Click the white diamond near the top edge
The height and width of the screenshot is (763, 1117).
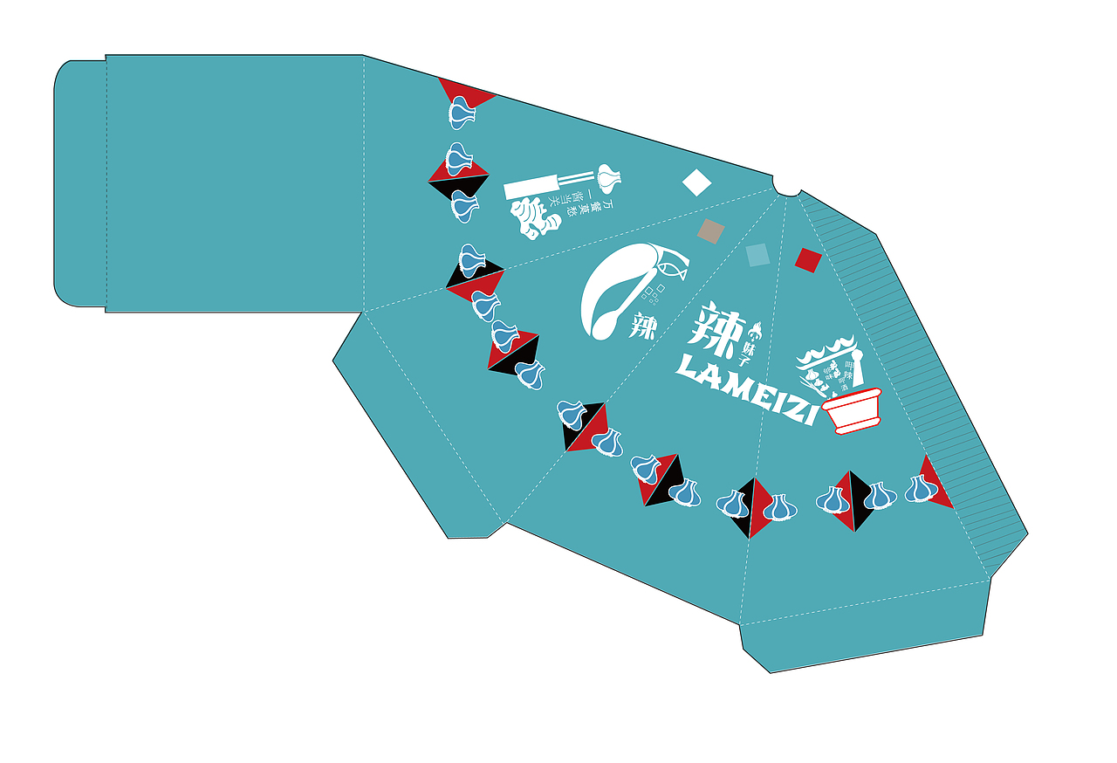(x=696, y=182)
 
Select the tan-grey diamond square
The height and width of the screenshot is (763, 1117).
(x=711, y=231)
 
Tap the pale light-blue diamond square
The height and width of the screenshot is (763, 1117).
(x=757, y=255)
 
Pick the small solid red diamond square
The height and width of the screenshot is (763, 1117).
(x=808, y=260)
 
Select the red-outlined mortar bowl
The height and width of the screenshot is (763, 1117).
(x=853, y=411)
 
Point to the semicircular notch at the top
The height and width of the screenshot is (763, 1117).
(x=788, y=188)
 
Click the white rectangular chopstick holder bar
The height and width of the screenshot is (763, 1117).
(x=531, y=186)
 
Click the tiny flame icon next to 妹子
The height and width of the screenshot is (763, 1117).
(x=756, y=329)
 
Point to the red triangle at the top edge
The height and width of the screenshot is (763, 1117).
(x=464, y=92)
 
